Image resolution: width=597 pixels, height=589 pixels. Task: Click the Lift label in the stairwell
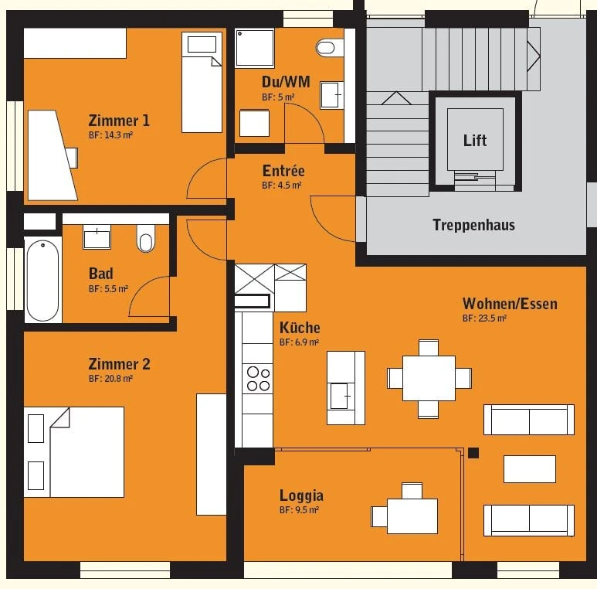click(x=475, y=140)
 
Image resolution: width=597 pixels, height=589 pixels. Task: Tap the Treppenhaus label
click(x=473, y=225)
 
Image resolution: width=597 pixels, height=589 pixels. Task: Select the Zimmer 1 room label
click(x=119, y=121)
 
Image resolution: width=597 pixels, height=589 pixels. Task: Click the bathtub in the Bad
click(x=43, y=279)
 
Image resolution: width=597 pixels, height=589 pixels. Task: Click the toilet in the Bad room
click(x=145, y=238)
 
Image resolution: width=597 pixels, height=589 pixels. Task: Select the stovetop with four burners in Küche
click(x=258, y=378)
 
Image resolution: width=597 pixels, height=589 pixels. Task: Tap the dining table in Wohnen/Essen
click(x=429, y=378)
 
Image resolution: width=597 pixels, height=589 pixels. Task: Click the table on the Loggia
click(x=412, y=516)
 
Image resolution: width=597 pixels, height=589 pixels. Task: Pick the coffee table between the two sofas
click(x=529, y=469)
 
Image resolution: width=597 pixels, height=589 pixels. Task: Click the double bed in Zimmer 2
click(x=75, y=451)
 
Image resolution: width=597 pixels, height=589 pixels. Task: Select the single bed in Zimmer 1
click(x=202, y=81)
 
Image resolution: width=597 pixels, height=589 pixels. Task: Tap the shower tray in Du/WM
click(x=256, y=49)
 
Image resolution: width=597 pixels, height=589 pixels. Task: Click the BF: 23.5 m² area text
click(x=484, y=318)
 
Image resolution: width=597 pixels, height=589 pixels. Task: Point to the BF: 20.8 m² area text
click(x=110, y=379)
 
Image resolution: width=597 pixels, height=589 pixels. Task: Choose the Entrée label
click(x=283, y=171)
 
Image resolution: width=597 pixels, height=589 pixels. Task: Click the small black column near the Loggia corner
click(x=473, y=453)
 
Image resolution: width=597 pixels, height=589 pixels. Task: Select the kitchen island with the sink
click(x=345, y=387)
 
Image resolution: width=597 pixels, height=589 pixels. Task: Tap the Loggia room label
click(x=301, y=495)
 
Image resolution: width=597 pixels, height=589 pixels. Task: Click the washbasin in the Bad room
click(x=97, y=237)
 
